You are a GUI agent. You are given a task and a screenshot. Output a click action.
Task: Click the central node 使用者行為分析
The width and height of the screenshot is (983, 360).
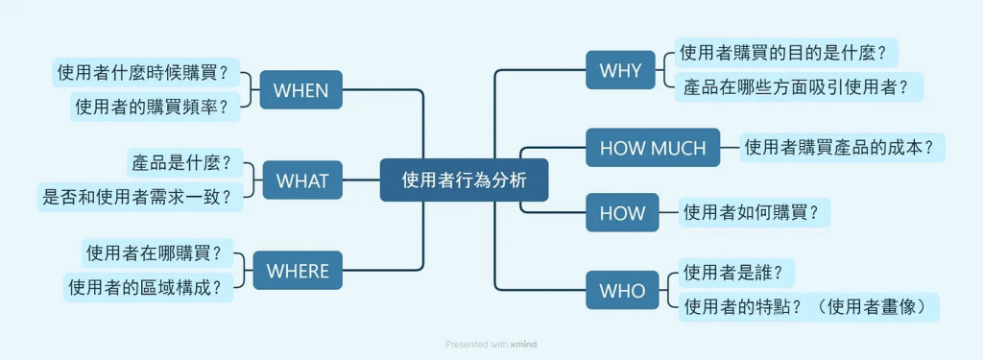tap(464, 180)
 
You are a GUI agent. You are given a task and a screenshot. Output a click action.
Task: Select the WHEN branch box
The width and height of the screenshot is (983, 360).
tap(300, 89)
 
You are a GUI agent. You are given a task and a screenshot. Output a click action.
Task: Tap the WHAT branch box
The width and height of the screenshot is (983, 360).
tap(302, 180)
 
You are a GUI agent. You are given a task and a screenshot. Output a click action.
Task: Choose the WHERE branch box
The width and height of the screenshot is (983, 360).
tap(298, 271)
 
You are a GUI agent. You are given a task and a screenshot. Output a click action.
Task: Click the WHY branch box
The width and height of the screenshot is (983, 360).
tap(621, 70)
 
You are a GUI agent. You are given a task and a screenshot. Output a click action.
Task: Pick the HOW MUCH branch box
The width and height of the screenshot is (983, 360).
tap(653, 148)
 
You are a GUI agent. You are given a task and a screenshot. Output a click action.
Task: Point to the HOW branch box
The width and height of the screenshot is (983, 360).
tap(622, 212)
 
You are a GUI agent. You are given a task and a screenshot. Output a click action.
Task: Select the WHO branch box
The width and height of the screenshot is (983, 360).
tap(622, 290)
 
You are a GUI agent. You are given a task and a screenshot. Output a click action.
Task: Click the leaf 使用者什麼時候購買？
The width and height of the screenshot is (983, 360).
tap(147, 73)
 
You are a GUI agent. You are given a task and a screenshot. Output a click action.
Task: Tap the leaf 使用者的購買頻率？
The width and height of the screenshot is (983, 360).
tap(156, 107)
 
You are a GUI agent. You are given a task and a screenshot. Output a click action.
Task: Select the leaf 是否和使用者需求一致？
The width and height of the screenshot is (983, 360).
tap(140, 197)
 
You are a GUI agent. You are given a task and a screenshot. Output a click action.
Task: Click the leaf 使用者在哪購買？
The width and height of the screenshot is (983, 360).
tap(157, 253)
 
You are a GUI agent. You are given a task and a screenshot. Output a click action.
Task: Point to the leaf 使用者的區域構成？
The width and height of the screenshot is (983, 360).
tap(149, 287)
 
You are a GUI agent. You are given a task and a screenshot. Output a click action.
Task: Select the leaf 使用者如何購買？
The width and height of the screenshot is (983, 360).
tap(755, 212)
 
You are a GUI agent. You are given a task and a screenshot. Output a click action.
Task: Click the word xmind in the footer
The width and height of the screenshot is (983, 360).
tap(523, 345)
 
